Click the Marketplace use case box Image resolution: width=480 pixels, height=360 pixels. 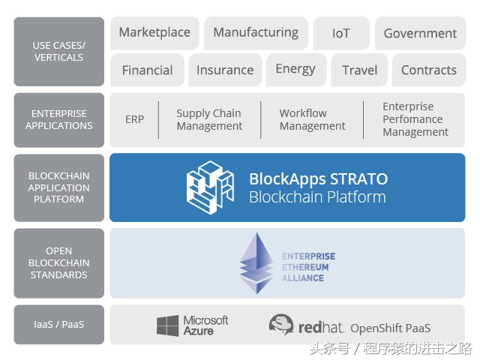coord(154,33)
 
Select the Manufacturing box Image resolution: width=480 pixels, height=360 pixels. coord(256,33)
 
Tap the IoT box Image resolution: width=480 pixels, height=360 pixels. coord(341,33)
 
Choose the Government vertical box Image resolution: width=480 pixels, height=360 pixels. coord(420,33)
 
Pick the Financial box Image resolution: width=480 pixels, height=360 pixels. coord(147,70)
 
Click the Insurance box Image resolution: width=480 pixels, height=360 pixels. coord(225,70)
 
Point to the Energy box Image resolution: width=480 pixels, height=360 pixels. coord(296,70)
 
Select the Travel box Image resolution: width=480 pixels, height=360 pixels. coord(359,70)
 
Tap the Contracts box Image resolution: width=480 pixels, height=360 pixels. coord(429,70)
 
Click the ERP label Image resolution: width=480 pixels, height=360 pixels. coord(134,119)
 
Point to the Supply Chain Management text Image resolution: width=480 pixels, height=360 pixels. coord(209,120)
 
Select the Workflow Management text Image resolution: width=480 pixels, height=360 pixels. coord(312,120)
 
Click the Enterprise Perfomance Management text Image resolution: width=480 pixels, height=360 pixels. coord(415,119)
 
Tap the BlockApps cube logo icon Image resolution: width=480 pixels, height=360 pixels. coord(210,187)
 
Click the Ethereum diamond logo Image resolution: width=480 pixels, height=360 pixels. coord(256,263)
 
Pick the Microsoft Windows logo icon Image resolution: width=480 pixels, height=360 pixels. coord(167,325)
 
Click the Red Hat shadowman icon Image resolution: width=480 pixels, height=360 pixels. coord(281,324)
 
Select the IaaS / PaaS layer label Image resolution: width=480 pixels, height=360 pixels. coord(58,325)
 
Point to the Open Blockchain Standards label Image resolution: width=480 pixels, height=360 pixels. coord(58,263)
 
